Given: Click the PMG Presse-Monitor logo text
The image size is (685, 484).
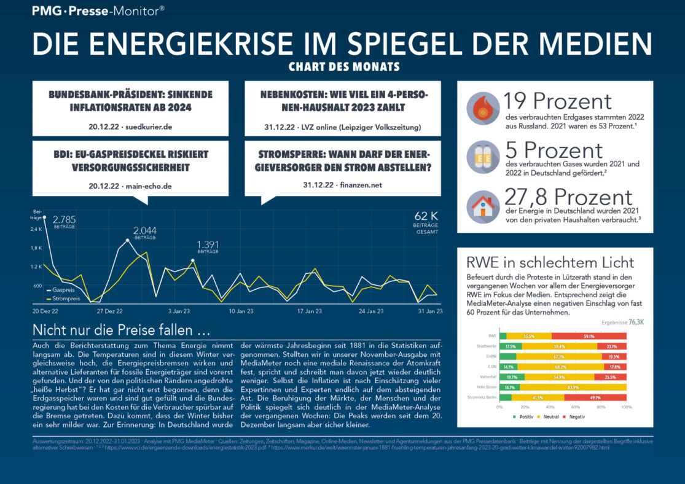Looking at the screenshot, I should pos(98,10).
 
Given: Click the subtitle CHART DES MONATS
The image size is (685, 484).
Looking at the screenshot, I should pos(344,66).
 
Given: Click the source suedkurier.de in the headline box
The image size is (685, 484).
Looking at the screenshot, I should pos(149,127).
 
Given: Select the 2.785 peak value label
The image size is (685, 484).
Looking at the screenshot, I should pos(64,219).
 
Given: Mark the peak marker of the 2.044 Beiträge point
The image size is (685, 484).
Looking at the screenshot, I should pos(127,241).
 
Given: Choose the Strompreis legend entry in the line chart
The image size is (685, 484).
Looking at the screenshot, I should pos(66,299).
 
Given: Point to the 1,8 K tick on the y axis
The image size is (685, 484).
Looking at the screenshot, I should pos(36,248).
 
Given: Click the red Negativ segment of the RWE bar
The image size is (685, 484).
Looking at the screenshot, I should pos(589,336).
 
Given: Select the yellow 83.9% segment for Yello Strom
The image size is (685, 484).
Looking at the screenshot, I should pos(573,388).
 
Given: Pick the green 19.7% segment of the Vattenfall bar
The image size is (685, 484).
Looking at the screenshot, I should pos(512,377).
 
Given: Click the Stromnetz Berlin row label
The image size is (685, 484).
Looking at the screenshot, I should pos(483,398).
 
